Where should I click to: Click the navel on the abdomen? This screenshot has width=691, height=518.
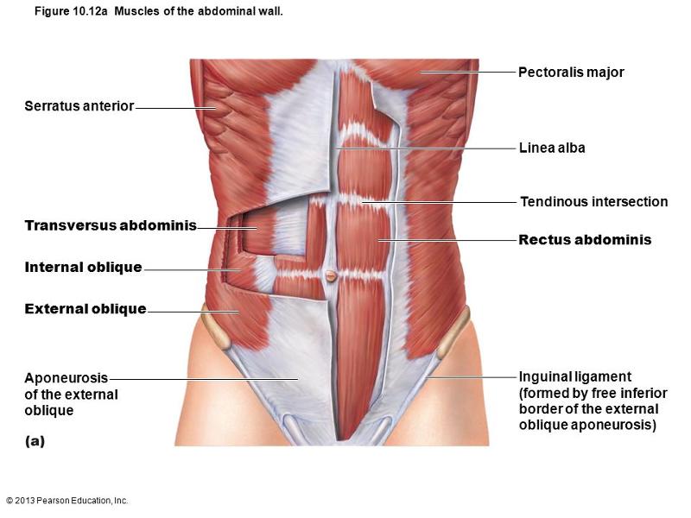pos(331,276)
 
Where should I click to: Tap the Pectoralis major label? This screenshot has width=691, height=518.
pos(571,73)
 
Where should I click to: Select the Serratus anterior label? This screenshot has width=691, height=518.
pos(79,105)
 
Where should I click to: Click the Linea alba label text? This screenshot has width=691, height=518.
pos(552,148)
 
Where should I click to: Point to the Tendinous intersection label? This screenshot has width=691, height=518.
pos(594,202)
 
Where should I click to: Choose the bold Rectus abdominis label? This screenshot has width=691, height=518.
pos(585,240)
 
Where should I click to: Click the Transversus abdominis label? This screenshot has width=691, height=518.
pos(111,225)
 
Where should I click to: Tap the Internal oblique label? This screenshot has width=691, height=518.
pos(83,267)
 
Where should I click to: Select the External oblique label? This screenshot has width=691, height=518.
pos(86,309)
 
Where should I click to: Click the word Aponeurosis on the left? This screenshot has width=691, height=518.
pos(67,378)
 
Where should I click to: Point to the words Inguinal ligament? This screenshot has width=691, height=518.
pos(575,377)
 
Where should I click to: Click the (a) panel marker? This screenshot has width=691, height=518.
pos(35,441)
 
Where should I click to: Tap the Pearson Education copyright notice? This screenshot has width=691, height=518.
pos(67,501)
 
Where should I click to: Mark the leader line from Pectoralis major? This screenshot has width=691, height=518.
pos(467,72)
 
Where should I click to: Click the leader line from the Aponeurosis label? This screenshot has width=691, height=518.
pos(204,378)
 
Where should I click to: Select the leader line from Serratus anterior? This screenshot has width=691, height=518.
pos(176,108)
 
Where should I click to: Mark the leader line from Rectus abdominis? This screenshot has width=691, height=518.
pos(447,241)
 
